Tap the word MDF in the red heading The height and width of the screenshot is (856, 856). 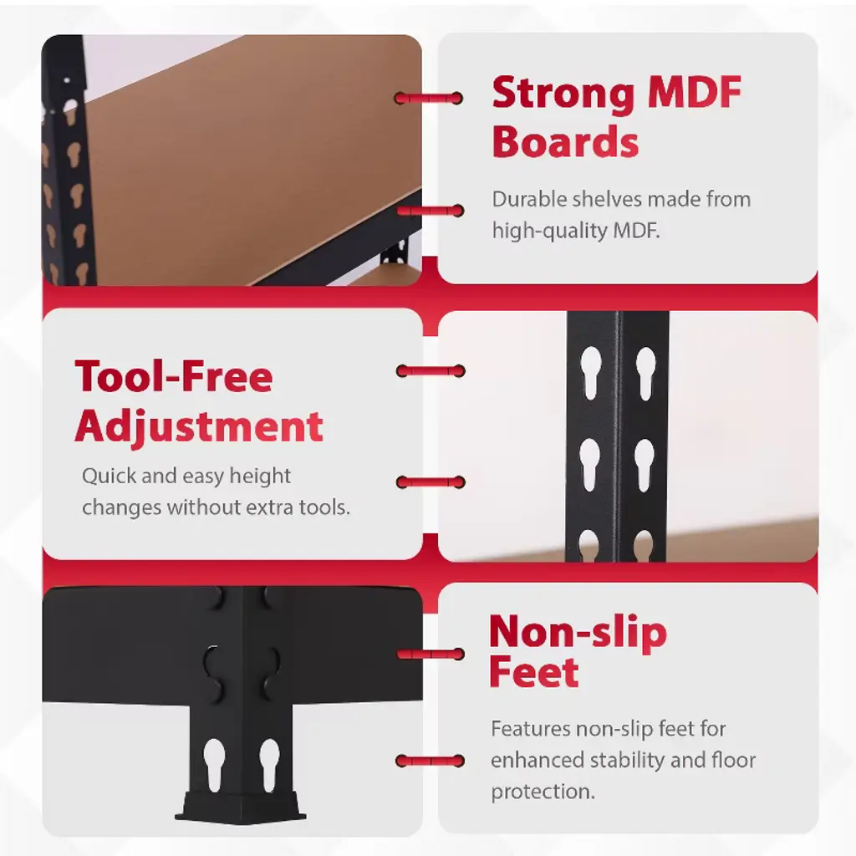pyautogui.click(x=694, y=92)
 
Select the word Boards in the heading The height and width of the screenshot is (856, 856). pyautogui.click(x=565, y=141)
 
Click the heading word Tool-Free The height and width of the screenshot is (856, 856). pyautogui.click(x=174, y=376)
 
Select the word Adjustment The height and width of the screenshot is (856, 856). pyautogui.click(x=199, y=426)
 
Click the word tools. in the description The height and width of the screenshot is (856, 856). pyautogui.click(x=324, y=507)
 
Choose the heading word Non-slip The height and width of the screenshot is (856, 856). pyautogui.click(x=578, y=632)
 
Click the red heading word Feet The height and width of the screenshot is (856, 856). pyautogui.click(x=533, y=672)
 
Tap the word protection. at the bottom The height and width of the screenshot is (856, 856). pyautogui.click(x=543, y=792)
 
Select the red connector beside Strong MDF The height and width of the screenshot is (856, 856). pyautogui.click(x=429, y=99)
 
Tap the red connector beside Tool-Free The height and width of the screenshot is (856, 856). pyautogui.click(x=431, y=371)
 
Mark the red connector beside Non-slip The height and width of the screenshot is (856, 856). pyautogui.click(x=431, y=654)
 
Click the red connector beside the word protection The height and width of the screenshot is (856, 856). pyautogui.click(x=431, y=761)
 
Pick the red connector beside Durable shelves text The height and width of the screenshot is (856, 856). pyautogui.click(x=431, y=210)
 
